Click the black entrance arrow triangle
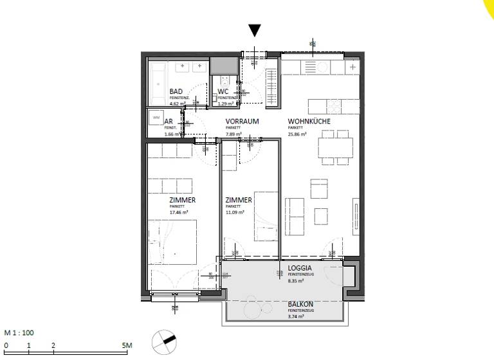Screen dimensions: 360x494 (255, 30)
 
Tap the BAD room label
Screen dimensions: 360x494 (175, 92)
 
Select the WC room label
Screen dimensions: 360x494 (224, 92)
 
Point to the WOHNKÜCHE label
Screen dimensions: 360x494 (306, 121)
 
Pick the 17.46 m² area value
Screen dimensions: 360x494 (179, 212)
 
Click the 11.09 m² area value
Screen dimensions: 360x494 (235, 212)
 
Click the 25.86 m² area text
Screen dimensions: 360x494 (297, 134)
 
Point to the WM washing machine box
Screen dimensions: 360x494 (156, 118)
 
